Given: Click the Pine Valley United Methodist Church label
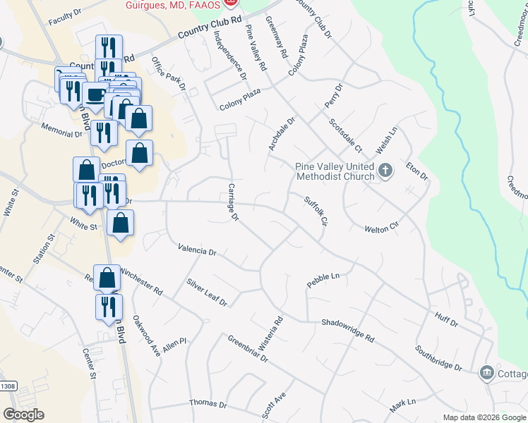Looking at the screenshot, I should pyautogui.click(x=335, y=171).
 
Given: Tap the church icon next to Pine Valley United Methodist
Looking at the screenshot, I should pyautogui.click(x=385, y=171).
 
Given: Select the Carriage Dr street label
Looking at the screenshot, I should pyautogui.click(x=234, y=201).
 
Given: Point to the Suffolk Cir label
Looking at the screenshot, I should pyautogui.click(x=317, y=211).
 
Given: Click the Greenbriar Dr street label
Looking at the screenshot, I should pyautogui.click(x=248, y=348).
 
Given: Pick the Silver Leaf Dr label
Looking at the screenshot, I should pyautogui.click(x=207, y=293).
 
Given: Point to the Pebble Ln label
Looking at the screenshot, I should pyautogui.click(x=323, y=279).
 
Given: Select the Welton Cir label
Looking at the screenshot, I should pyautogui.click(x=382, y=229).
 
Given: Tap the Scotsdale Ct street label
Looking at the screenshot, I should pyautogui.click(x=345, y=135).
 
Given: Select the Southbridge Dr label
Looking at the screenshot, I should pyautogui.click(x=438, y=358).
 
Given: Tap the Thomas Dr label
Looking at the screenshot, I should pyautogui.click(x=208, y=405).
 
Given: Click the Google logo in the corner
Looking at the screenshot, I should pyautogui.click(x=23, y=415).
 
